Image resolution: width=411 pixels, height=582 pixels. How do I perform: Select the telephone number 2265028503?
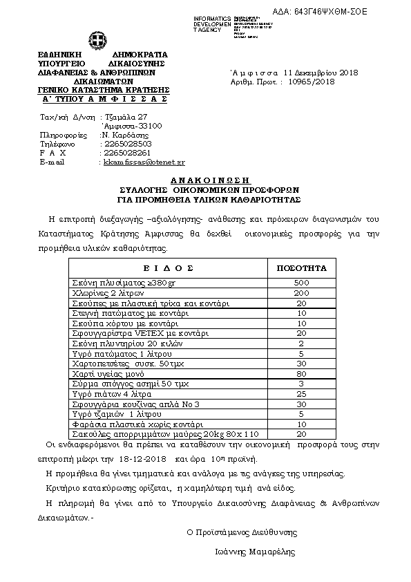126,144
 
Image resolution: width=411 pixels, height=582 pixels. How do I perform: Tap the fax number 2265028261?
126,153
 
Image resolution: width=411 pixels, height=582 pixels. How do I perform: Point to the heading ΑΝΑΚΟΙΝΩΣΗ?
205,178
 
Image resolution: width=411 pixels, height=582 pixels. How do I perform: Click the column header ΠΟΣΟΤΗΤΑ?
301,268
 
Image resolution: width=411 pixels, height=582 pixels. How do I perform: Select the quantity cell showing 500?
301,283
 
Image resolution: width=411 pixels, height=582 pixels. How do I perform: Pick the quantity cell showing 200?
301,294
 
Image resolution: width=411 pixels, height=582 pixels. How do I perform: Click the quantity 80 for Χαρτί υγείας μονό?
301,374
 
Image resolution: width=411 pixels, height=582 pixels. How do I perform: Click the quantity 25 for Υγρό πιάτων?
301,394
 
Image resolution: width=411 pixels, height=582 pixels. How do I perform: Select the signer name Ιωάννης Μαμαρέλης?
254,552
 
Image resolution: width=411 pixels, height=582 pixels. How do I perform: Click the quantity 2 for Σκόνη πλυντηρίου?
301,344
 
